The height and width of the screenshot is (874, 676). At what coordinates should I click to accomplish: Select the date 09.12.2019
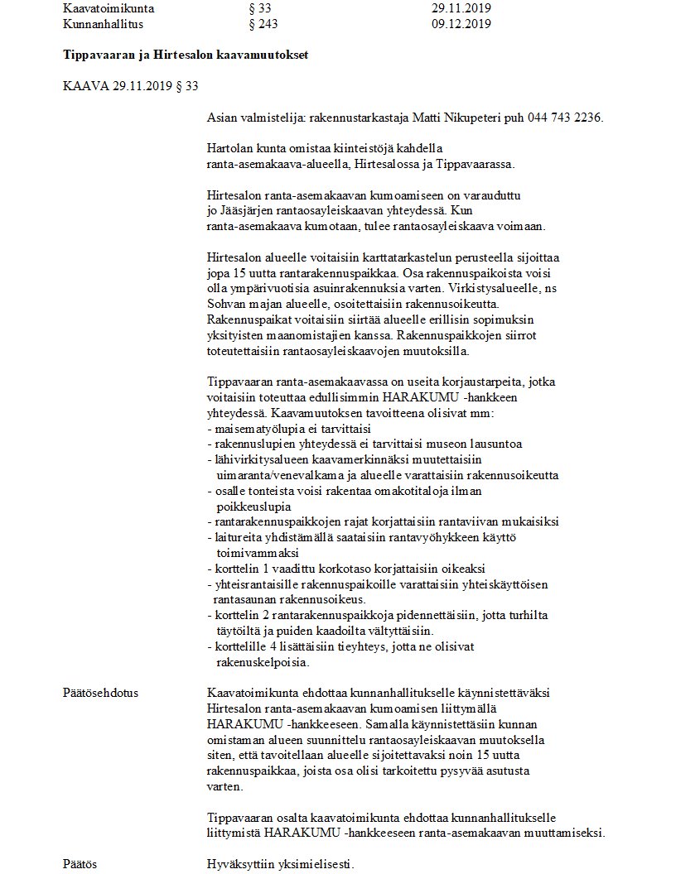click(x=461, y=24)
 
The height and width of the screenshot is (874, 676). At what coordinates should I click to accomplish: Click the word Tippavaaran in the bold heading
click(x=97, y=55)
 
